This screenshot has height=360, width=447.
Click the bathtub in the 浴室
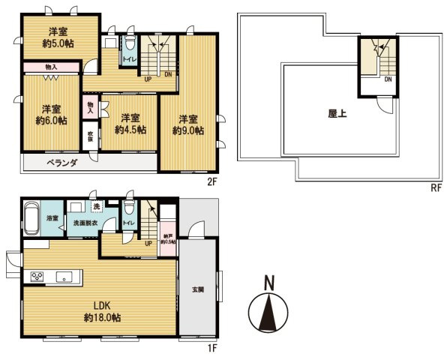(x=32, y=218)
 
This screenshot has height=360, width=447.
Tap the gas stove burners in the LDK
(x=37, y=277)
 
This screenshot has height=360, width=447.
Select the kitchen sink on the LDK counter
(x=63, y=277)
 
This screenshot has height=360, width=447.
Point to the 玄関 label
(x=197, y=289)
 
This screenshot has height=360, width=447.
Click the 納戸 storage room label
(x=168, y=238)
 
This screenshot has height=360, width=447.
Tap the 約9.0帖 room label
(x=187, y=124)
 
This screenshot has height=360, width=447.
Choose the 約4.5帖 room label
(x=130, y=124)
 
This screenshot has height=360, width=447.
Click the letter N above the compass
(x=268, y=283)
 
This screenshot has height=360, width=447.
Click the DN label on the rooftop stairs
(x=388, y=78)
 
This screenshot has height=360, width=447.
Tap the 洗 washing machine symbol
(x=96, y=207)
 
